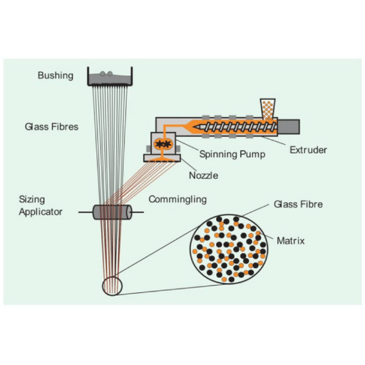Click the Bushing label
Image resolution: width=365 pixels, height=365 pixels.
pos(56,76)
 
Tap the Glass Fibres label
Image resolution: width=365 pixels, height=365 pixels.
pos(51,126)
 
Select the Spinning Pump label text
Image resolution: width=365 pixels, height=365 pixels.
pos(232,154)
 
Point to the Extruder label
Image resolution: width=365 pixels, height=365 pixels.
pos(308,150)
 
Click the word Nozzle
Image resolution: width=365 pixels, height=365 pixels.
pos(203,175)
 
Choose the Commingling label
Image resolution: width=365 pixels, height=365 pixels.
pos(178,200)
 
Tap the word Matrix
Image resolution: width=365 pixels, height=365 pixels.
pos(291,241)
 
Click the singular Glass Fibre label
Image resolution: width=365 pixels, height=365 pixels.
pos(298,204)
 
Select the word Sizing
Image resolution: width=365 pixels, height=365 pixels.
pos(32,200)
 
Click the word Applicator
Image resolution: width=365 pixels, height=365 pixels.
pos(41,212)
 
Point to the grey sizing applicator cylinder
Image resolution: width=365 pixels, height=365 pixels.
pos(112,212)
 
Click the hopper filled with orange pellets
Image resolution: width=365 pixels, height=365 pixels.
pos(268,109)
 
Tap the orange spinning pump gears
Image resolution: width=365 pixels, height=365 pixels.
pos(163,144)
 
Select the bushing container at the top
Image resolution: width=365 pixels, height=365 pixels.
pos(110,76)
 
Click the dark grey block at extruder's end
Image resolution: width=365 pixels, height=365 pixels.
pos(289,127)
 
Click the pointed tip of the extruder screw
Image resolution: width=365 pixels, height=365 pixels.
pos(194,127)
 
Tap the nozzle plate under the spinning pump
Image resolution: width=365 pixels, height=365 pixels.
pos(162,158)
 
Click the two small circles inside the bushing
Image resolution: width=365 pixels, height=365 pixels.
pos(106,73)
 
